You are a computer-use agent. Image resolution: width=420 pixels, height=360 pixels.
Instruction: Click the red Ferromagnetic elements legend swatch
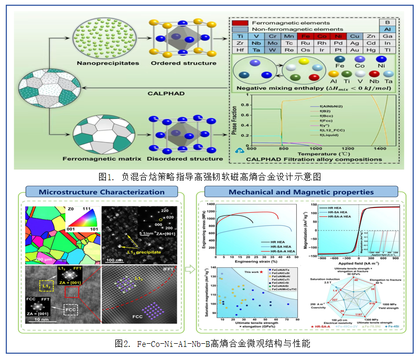click(241, 23)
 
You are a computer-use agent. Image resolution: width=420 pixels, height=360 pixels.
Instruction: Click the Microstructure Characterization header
click(101, 192)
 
